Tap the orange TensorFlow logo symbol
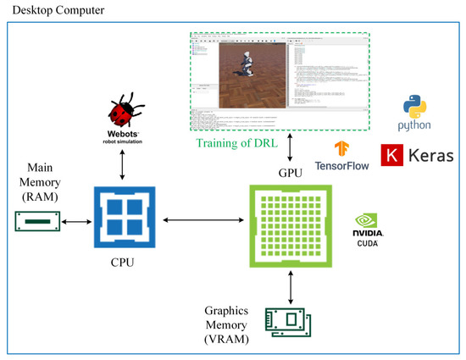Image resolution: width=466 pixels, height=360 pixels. pos(342,148)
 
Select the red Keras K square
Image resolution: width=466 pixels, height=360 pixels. pos(392,156)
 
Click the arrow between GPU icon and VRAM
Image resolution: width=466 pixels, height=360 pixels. pos(291,288)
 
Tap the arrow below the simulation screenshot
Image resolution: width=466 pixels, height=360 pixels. pos(291,146)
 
